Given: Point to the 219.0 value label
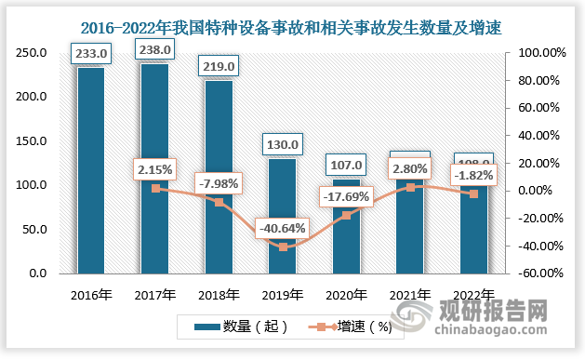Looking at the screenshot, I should click(x=218, y=66).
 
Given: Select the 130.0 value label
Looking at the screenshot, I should click(x=282, y=144).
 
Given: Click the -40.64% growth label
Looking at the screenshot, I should click(x=283, y=228).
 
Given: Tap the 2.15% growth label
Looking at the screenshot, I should click(x=155, y=171).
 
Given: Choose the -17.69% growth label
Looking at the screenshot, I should click(x=347, y=196).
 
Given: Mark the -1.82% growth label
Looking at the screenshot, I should click(x=475, y=174).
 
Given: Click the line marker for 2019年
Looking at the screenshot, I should click(x=282, y=247).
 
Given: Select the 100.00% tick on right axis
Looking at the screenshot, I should click(x=537, y=53).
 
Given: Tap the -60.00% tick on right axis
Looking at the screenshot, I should click(x=537, y=273).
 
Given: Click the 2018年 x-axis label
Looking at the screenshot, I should click(x=218, y=295).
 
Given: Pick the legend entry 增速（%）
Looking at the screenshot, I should click(x=350, y=327).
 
